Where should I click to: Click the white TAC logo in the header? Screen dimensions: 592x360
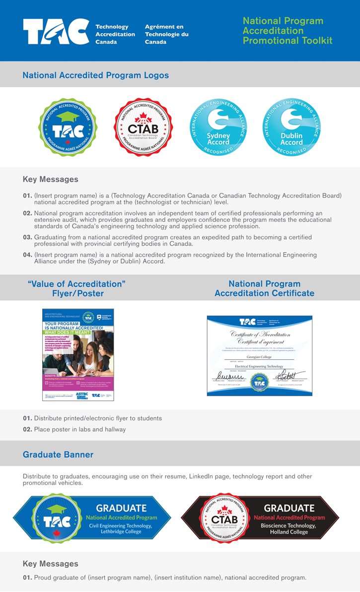(56, 32)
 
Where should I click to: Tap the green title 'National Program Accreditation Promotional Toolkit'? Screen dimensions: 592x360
(287, 31)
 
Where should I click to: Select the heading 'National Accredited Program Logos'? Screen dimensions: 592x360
(95, 75)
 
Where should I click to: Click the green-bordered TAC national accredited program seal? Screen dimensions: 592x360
(68, 127)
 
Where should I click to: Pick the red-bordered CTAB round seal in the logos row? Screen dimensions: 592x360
(143, 127)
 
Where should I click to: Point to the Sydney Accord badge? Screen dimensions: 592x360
(218, 127)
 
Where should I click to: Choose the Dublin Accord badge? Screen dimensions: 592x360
(291, 127)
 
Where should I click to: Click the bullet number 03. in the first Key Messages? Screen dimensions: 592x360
(27, 238)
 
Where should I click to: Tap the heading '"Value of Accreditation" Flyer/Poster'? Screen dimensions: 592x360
(76, 288)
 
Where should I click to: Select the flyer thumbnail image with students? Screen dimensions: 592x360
(78, 354)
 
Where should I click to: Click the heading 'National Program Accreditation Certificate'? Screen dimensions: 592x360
(264, 288)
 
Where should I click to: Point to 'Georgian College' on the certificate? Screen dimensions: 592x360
(259, 357)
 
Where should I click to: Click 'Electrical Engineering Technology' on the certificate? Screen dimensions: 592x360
(259, 366)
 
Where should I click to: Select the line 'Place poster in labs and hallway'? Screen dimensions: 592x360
(79, 429)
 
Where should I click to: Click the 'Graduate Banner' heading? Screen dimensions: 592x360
(58, 455)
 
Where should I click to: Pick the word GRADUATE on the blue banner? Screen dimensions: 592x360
(121, 508)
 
